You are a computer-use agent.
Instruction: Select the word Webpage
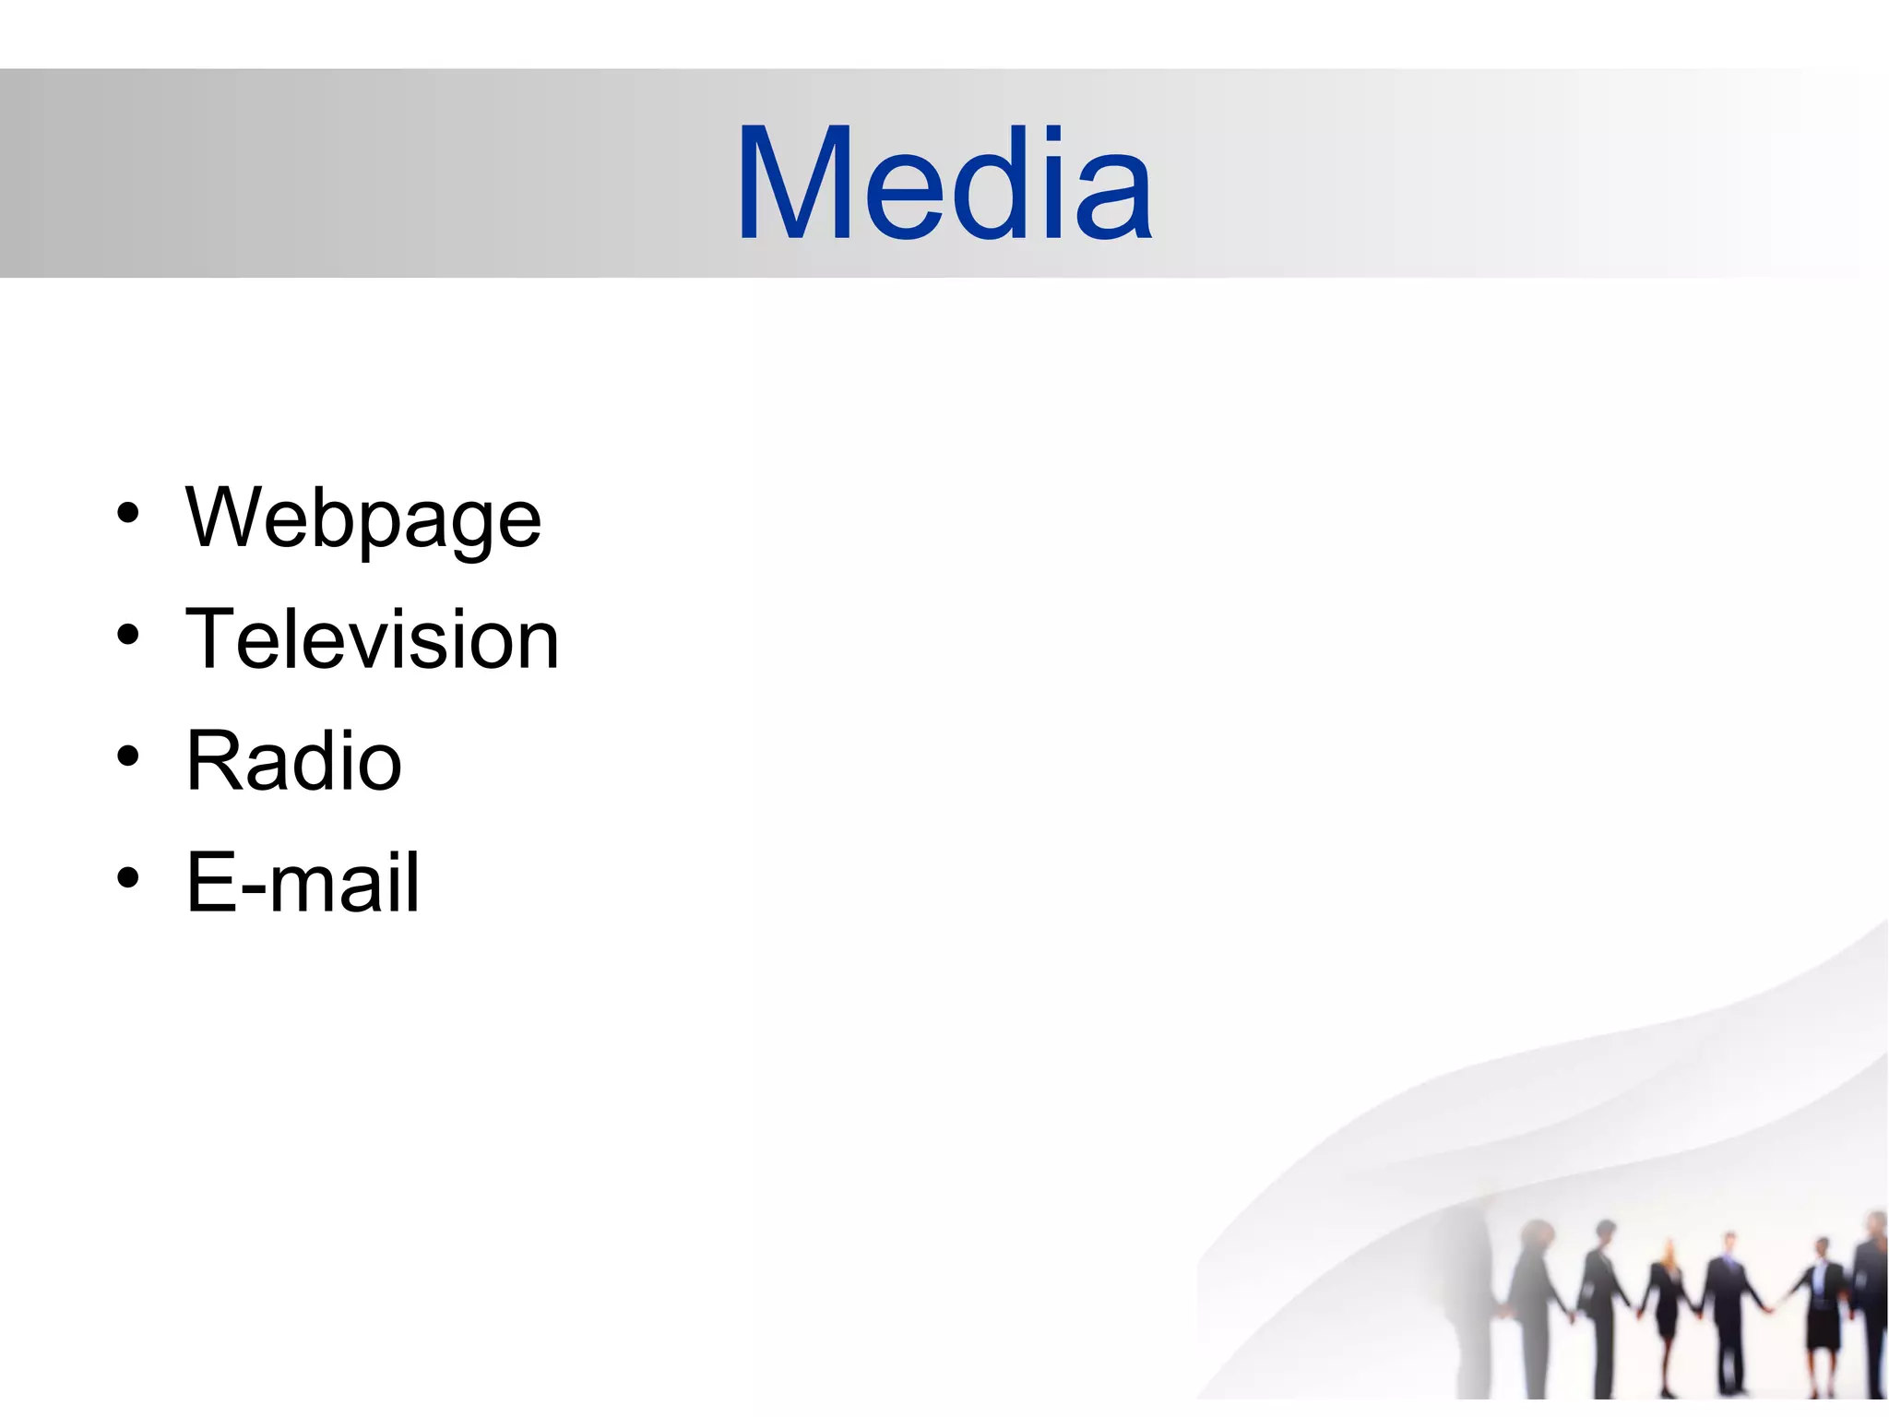[363, 518]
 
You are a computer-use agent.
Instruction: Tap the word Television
[373, 639]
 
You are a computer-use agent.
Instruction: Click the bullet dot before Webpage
[128, 514]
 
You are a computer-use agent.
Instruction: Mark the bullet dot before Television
[128, 635]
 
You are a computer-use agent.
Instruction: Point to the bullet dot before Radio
[128, 756]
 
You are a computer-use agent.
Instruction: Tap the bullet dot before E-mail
[128, 877]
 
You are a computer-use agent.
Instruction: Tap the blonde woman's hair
[1668, 1251]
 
